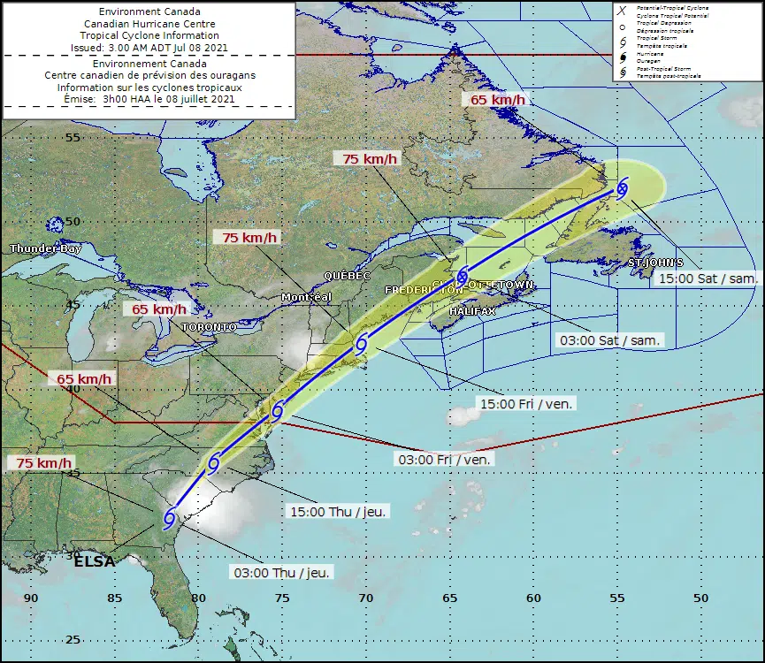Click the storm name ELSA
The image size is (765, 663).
click(x=94, y=561)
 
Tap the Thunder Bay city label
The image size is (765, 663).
click(x=45, y=249)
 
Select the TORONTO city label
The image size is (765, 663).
click(x=209, y=327)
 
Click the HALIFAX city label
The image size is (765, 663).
click(x=471, y=312)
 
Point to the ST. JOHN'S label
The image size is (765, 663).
click(x=655, y=263)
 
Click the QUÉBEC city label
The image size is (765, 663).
click(x=347, y=276)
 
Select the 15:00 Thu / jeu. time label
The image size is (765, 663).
click(x=338, y=512)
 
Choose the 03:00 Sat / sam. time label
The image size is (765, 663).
click(x=609, y=340)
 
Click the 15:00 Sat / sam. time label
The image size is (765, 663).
click(x=708, y=278)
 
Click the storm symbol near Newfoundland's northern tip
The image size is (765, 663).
click(x=623, y=187)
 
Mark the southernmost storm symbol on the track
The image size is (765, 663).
click(x=170, y=520)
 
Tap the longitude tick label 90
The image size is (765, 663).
click(x=31, y=598)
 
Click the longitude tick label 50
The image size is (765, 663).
click(x=700, y=598)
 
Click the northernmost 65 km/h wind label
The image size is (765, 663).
click(x=497, y=100)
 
